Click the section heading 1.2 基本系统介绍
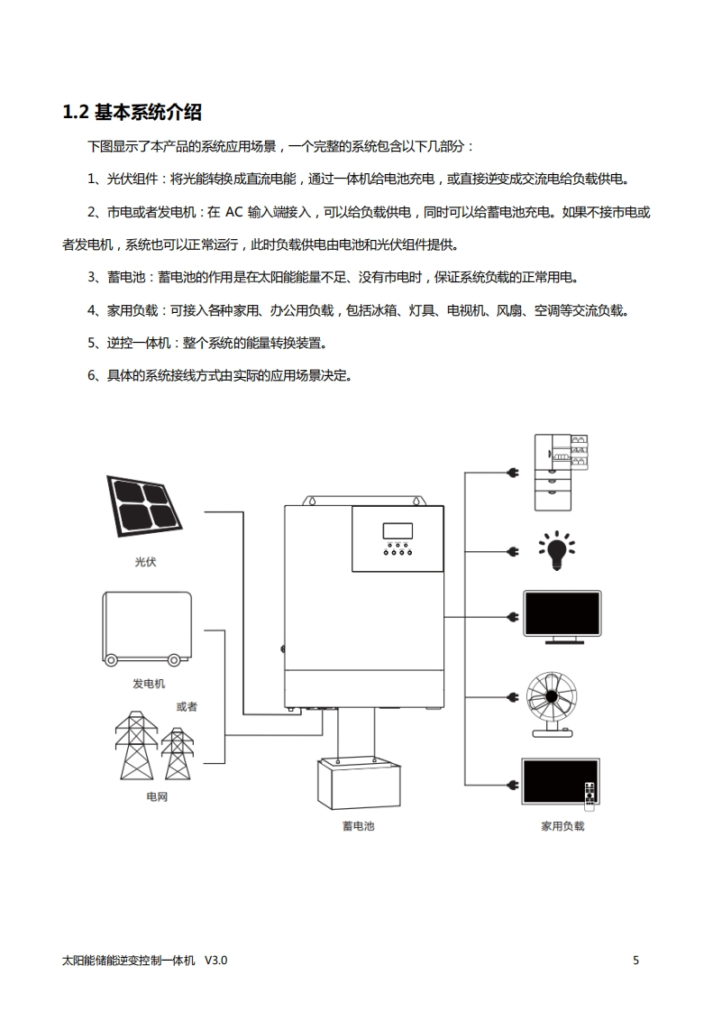point(133,113)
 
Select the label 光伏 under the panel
point(145,562)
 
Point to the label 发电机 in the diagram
point(149,684)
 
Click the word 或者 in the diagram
point(187,706)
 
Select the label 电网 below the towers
point(157,797)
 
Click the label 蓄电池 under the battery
point(358,825)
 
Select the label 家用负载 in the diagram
point(562,825)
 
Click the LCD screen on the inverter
point(398,531)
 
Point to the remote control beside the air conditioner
point(590,794)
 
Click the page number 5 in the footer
point(635,961)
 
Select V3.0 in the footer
point(216,961)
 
